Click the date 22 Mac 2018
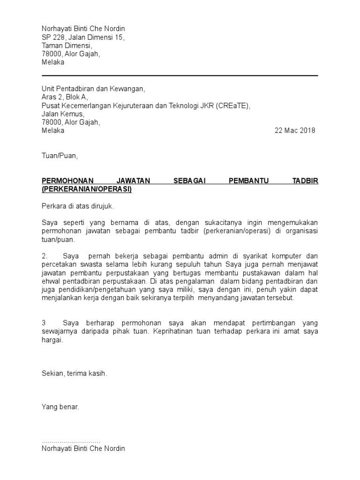tap(295, 131)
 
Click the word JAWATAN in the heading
tap(133, 181)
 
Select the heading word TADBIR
tap(306, 181)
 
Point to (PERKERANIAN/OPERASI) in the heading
tap(87, 189)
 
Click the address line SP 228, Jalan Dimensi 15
tap(83, 37)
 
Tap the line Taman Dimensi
tap(67, 45)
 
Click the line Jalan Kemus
tap(63, 114)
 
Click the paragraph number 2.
tap(45, 256)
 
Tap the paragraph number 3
tap(44, 323)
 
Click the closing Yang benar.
tap(60, 407)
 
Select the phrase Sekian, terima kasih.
tap(75, 374)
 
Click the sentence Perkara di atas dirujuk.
tap(78, 206)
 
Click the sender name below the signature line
tap(83, 449)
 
